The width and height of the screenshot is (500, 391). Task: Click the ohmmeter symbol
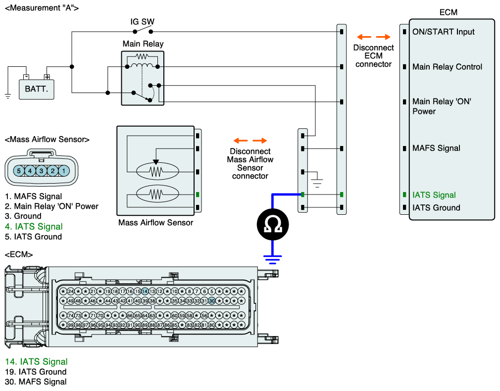[273, 225]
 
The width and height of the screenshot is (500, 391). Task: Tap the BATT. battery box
[36, 89]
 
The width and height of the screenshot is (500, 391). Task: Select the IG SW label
[142, 22]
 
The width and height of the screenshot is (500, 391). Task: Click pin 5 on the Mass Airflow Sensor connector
[19, 171]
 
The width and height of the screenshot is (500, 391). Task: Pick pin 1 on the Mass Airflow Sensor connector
[64, 171]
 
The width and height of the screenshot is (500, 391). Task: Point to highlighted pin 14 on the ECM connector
[145, 291]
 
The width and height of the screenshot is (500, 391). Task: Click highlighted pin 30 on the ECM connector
[212, 301]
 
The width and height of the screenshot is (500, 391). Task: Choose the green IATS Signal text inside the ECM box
[434, 195]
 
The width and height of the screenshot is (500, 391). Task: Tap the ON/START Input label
[443, 32]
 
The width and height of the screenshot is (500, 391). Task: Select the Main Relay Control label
[447, 67]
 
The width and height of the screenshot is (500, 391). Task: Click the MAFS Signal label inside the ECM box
[436, 148]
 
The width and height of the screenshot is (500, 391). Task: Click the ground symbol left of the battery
[7, 97]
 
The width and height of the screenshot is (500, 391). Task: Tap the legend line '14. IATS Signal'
[36, 361]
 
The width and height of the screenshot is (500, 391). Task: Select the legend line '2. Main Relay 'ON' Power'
[51, 206]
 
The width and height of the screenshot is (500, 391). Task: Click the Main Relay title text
[143, 44]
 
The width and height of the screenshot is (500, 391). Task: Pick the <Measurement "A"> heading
[42, 8]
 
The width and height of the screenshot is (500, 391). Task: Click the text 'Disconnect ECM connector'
[373, 56]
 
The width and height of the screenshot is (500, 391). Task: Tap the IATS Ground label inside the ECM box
[436, 207]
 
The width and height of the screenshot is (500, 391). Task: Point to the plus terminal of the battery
[47, 77]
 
